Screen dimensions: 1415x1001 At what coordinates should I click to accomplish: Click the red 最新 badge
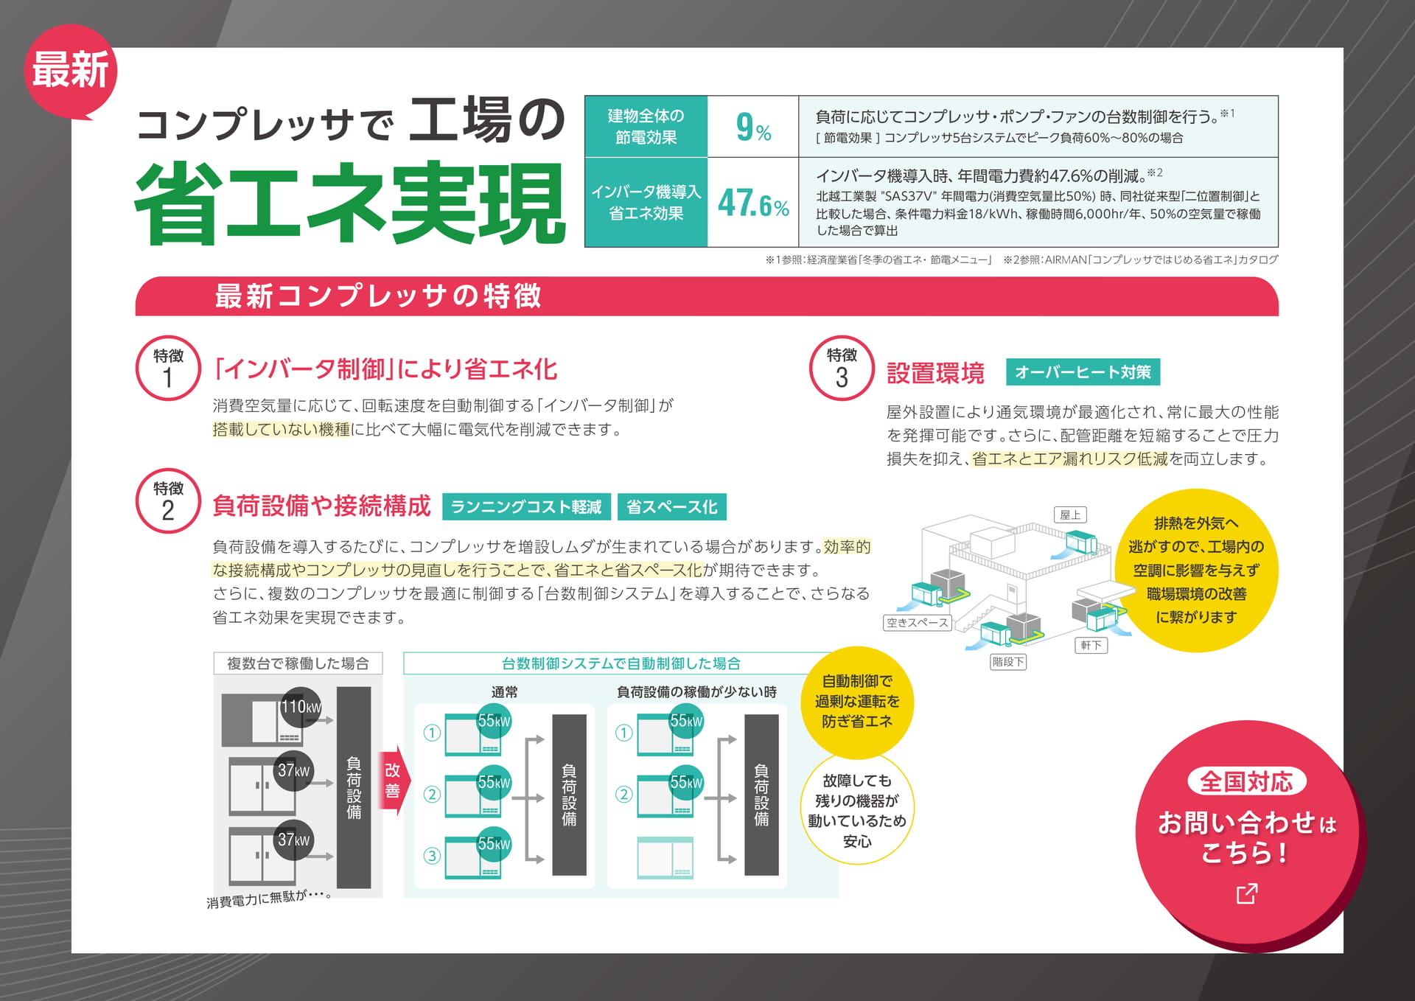[71, 71]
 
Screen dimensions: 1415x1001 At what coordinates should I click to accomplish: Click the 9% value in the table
[753, 128]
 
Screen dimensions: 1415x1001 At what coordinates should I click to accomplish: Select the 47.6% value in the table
[753, 203]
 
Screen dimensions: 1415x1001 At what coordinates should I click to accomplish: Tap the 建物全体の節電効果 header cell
[646, 126]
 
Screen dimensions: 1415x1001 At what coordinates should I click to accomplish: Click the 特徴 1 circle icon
[168, 368]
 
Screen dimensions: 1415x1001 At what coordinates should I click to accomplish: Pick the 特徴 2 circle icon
[168, 501]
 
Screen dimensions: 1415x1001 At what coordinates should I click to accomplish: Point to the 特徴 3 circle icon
[842, 368]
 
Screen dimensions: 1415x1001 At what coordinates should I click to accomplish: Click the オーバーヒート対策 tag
[1083, 372]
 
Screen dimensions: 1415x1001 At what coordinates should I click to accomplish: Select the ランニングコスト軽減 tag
[526, 507]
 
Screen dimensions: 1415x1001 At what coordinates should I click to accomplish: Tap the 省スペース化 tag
[671, 507]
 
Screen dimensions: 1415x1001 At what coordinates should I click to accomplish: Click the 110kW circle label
[301, 707]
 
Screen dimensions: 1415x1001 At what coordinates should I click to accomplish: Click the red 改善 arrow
[394, 783]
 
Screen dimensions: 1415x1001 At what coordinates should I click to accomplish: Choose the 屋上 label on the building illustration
[1070, 515]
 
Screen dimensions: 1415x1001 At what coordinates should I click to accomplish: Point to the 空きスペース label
[918, 623]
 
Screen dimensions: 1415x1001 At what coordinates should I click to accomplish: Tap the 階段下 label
[1007, 662]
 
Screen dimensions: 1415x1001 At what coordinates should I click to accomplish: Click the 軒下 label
[1091, 646]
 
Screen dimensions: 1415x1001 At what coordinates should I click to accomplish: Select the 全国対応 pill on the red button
[1246, 781]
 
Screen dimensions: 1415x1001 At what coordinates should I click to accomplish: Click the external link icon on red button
[1247, 893]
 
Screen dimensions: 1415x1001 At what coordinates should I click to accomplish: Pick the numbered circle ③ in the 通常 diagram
[432, 855]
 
